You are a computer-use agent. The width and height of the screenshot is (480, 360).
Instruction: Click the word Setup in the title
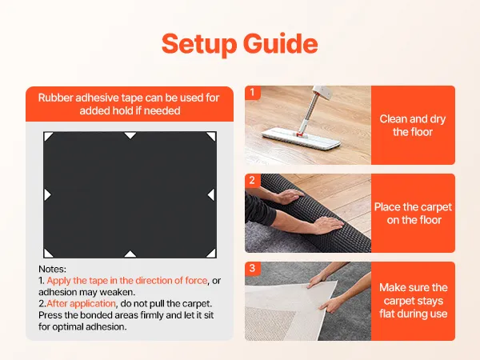(199, 44)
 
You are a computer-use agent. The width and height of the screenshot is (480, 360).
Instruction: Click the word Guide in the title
(281, 43)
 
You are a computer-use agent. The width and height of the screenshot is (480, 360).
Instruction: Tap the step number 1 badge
(252, 92)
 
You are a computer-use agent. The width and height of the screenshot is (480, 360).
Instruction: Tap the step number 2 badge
(252, 180)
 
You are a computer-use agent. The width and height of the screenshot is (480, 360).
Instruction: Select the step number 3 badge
(252, 268)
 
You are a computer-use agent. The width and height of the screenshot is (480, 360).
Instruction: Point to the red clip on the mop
(299, 134)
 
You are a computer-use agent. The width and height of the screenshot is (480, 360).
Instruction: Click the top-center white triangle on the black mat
(130, 135)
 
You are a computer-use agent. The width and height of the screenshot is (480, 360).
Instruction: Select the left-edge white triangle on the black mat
(47, 194)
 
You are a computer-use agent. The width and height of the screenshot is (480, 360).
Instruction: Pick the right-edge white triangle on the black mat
(211, 194)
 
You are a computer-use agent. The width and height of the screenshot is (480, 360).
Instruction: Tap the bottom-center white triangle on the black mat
(130, 254)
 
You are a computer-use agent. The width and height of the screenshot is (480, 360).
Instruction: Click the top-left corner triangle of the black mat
(47, 136)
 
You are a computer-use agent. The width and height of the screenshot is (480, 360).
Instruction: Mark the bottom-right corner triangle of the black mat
(212, 254)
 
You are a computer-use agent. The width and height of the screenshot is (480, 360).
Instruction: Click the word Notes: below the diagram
(52, 269)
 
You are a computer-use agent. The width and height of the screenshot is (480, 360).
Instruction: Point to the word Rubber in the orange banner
(55, 98)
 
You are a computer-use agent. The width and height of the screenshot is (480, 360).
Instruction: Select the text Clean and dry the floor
(413, 126)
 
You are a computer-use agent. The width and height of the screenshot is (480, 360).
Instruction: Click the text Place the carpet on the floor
(413, 214)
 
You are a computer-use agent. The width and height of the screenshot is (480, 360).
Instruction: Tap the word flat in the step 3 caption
(387, 314)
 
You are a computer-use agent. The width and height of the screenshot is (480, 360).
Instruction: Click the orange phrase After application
(81, 303)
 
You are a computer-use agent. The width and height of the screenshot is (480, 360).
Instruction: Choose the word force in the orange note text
(196, 281)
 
